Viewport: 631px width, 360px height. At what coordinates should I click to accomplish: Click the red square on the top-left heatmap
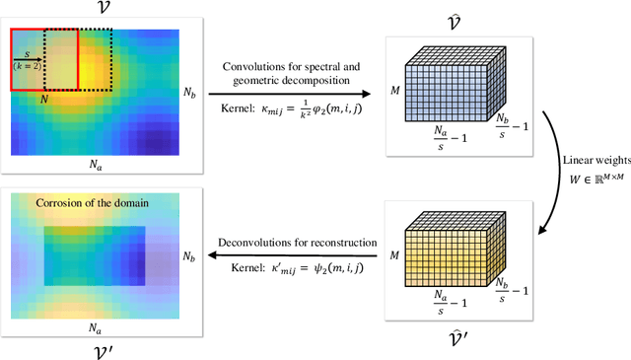pos(43,62)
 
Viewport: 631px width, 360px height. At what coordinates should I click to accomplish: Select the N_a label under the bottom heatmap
pos(95,326)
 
